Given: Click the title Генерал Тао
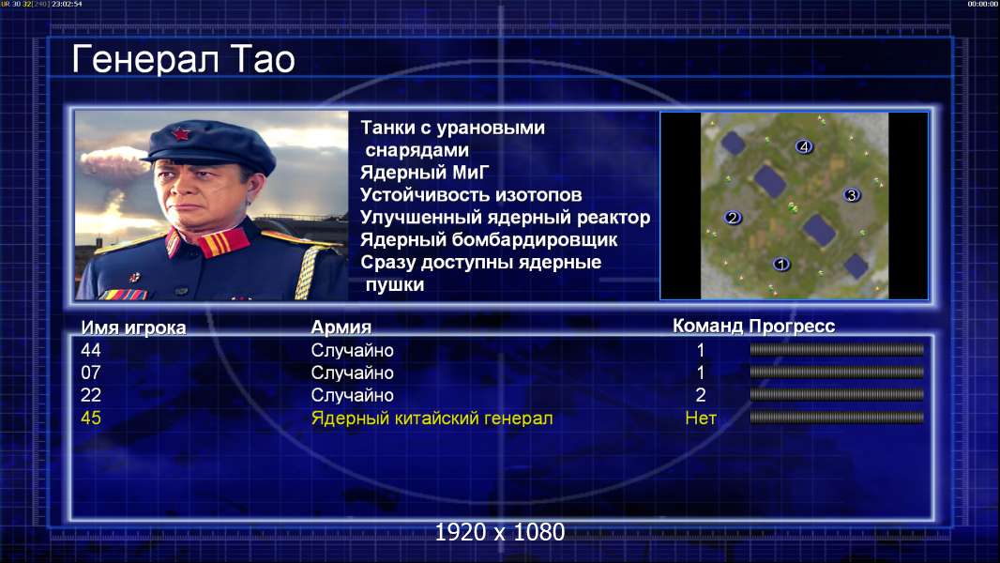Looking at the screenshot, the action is pyautogui.click(x=183, y=59).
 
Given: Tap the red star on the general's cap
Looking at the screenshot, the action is pyautogui.click(x=181, y=133).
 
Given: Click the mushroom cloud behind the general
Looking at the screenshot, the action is pyautogui.click(x=114, y=162).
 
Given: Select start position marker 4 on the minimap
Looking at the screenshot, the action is pyautogui.click(x=804, y=146).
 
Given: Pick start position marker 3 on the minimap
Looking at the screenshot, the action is pyautogui.click(x=852, y=195).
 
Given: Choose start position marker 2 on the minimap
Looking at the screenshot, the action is pyautogui.click(x=732, y=218).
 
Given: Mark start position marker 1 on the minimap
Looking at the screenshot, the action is pyautogui.click(x=781, y=264).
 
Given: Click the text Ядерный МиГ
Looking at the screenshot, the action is pyautogui.click(x=425, y=173).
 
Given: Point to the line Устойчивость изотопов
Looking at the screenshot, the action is pyautogui.click(x=471, y=195).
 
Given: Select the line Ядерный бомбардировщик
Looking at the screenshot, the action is pyautogui.click(x=489, y=240).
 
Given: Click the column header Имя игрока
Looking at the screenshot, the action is pyautogui.click(x=133, y=327).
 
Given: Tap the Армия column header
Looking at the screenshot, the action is pyautogui.click(x=341, y=327).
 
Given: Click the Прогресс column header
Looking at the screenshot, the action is pyautogui.click(x=792, y=327).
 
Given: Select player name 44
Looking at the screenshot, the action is pyautogui.click(x=91, y=350).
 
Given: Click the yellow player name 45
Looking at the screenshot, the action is pyautogui.click(x=91, y=418).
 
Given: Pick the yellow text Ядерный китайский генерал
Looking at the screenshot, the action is pyautogui.click(x=432, y=418).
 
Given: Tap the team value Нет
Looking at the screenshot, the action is pyautogui.click(x=700, y=418).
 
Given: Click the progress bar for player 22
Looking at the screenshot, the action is pyautogui.click(x=837, y=395).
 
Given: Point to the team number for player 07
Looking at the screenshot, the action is pyautogui.click(x=700, y=373).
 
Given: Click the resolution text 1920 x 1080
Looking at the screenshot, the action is pyautogui.click(x=499, y=532).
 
